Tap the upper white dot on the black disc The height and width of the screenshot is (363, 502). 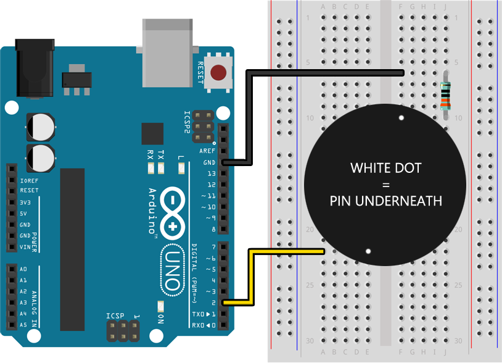click(x=401, y=117)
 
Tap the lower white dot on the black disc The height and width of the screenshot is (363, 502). click(x=368, y=251)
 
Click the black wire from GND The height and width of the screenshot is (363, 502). click(x=248, y=117)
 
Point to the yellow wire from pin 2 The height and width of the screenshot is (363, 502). click(x=250, y=278)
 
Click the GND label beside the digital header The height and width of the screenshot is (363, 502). click(x=210, y=162)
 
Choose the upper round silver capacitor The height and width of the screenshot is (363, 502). click(x=41, y=126)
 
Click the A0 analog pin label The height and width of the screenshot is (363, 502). click(x=23, y=270)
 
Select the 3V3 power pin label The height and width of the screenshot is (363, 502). click(x=25, y=202)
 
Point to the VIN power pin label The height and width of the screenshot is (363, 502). click(x=25, y=247)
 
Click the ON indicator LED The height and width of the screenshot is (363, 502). click(x=161, y=306)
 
